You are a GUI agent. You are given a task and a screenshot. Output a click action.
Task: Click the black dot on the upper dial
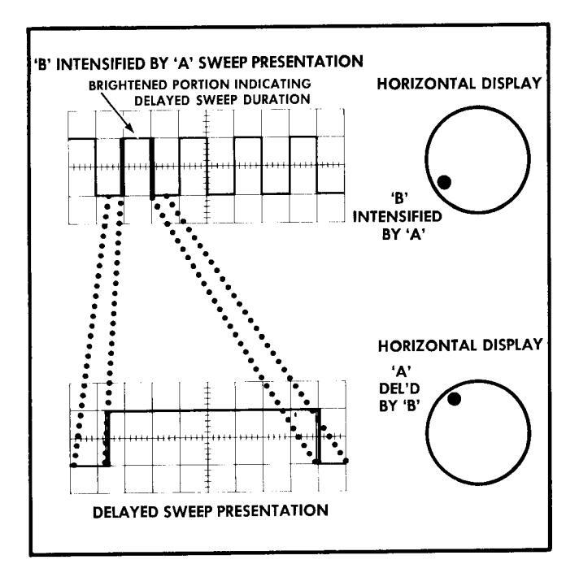click(x=443, y=181)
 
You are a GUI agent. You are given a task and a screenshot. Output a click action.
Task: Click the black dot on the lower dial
click(x=454, y=397)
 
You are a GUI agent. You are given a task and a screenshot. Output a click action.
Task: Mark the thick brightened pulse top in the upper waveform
click(x=137, y=139)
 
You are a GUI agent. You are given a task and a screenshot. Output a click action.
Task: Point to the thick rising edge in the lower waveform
click(x=107, y=439)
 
